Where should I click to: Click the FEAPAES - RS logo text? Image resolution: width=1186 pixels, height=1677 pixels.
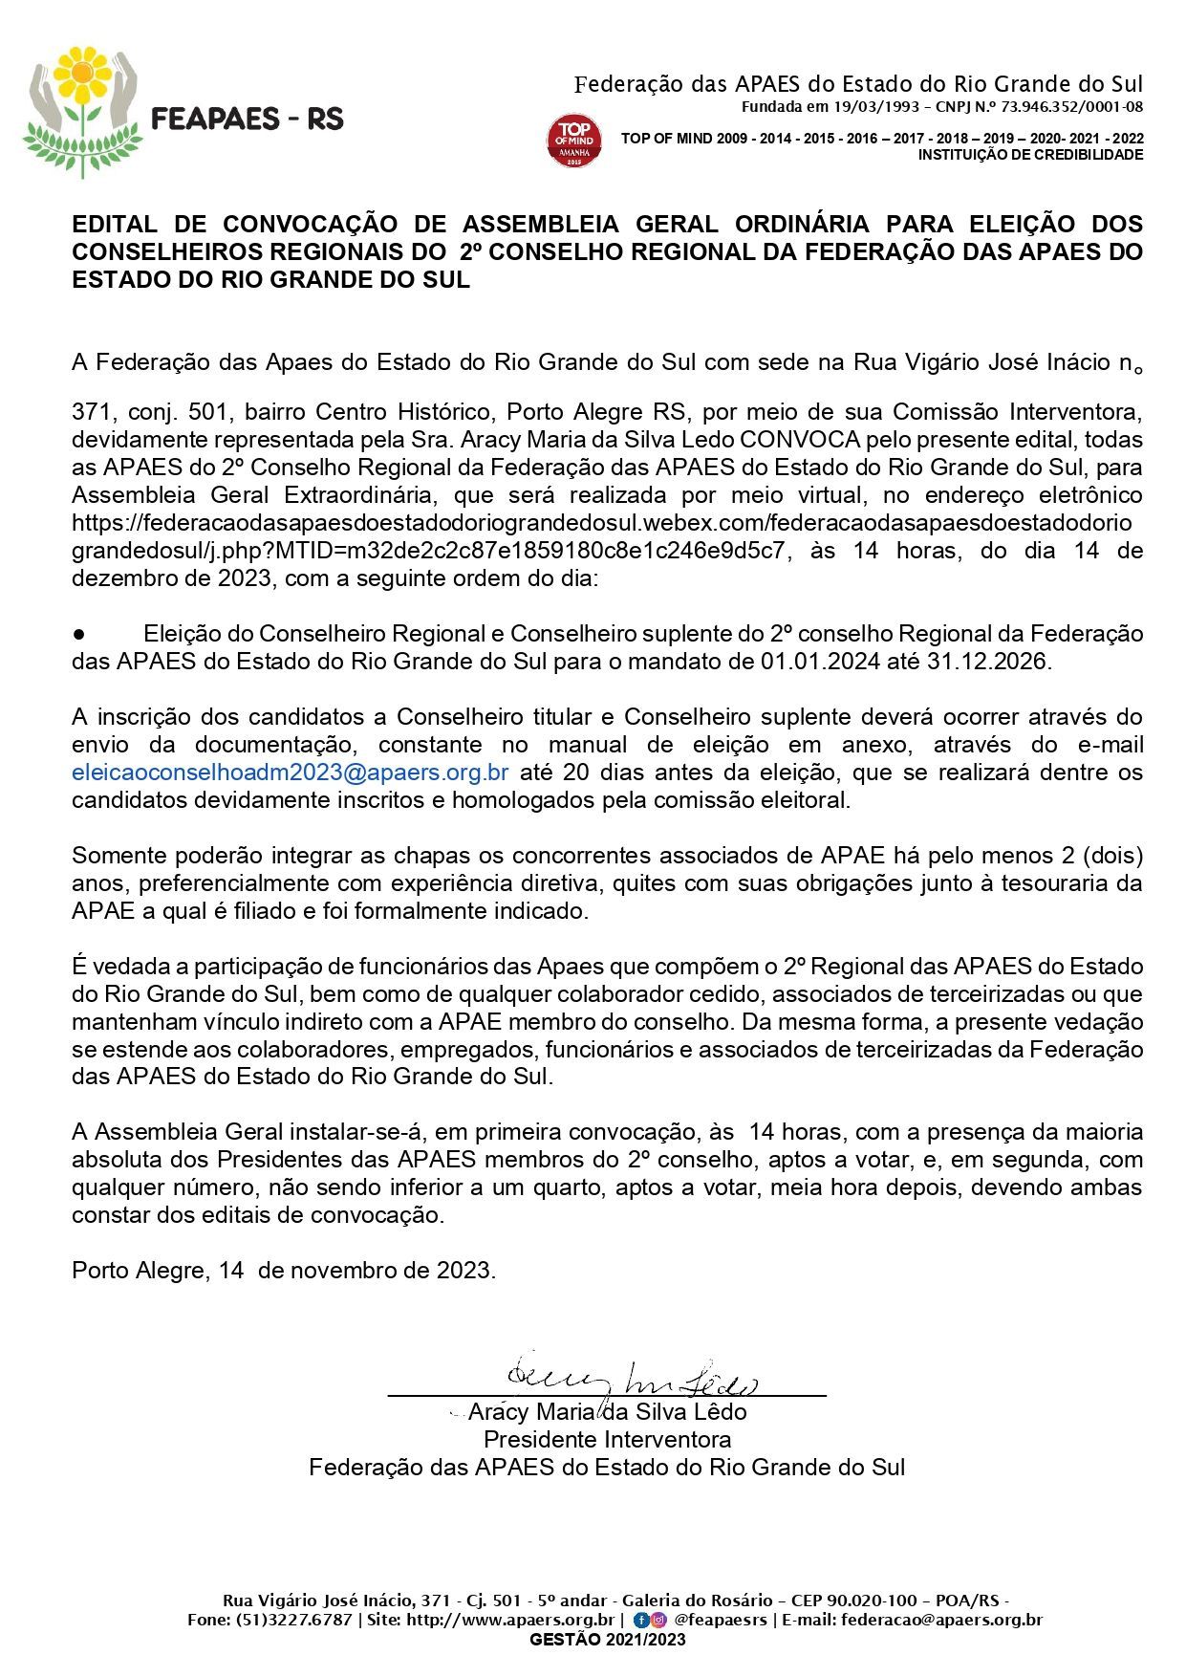pyautogui.click(x=248, y=120)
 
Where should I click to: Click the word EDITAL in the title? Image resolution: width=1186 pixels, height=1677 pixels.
pyautogui.click(x=115, y=225)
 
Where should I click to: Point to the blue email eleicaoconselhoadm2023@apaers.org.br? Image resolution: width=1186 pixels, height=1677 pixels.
pyautogui.click(x=290, y=773)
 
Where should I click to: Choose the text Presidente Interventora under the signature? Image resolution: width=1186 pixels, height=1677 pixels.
pyautogui.click(x=607, y=1440)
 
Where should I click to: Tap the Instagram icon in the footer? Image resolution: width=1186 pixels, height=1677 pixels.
pyautogui.click(x=658, y=1621)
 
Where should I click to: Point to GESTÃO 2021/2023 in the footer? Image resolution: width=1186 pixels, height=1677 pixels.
pyautogui.click(x=608, y=1640)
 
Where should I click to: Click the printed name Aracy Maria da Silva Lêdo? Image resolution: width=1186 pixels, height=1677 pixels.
pyautogui.click(x=607, y=1412)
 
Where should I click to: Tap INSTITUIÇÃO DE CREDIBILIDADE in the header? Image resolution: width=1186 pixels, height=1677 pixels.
pyautogui.click(x=1030, y=155)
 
